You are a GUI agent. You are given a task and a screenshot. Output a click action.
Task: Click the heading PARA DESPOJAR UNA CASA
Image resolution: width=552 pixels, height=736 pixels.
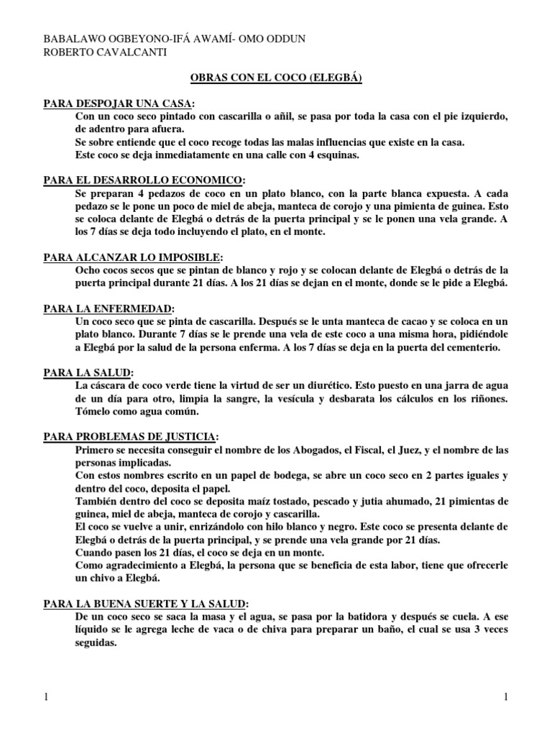119,103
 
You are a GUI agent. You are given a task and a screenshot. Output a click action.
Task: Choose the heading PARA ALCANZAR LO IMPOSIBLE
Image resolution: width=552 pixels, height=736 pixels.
133,257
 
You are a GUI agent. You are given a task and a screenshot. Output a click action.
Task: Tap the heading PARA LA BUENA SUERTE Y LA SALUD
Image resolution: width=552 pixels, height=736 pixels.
146,602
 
